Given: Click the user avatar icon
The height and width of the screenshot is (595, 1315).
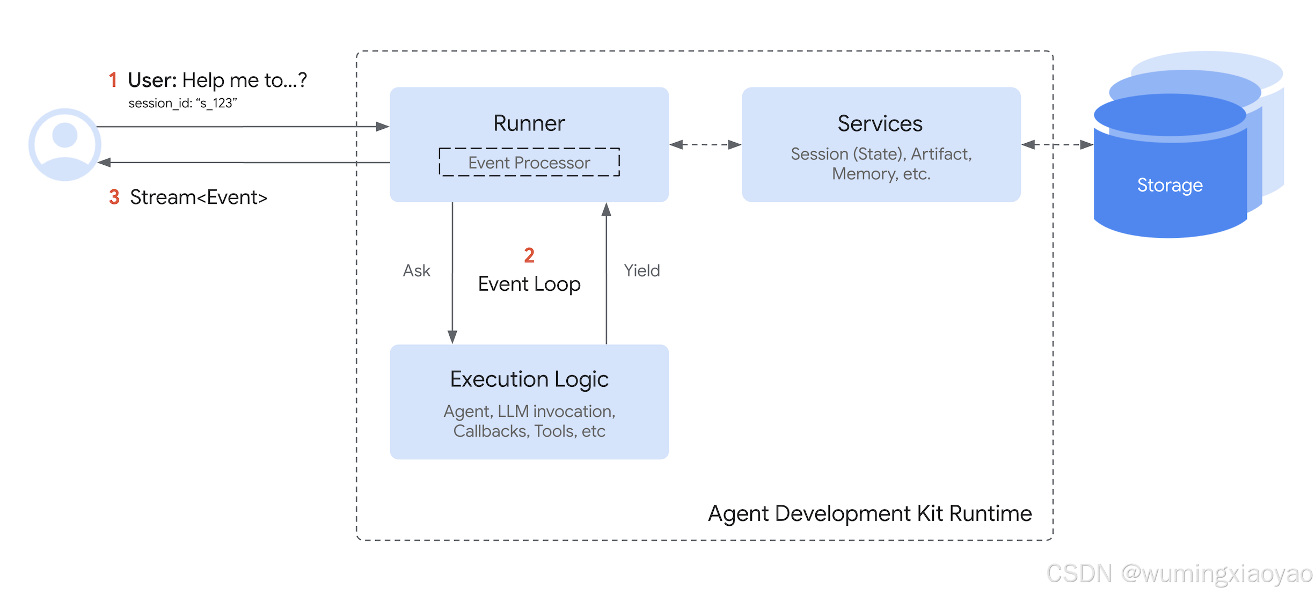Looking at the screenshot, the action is (x=65, y=144).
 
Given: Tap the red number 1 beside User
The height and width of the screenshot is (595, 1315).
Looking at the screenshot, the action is (x=113, y=80).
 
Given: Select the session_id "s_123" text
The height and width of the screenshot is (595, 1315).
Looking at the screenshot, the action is (x=182, y=103).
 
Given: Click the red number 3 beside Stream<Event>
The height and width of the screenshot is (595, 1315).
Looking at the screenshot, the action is (x=114, y=197).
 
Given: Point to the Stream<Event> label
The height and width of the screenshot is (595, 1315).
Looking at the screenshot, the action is (x=199, y=197).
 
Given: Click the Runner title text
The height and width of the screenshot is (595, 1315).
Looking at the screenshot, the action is (x=529, y=123).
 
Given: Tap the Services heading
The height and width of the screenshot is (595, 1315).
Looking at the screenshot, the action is (x=880, y=124).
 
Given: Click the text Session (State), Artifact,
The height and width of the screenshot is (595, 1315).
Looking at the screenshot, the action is (x=881, y=154).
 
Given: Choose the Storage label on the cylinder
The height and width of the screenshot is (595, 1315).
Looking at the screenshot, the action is (x=1170, y=185).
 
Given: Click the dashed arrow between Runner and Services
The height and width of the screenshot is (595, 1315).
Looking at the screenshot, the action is (x=705, y=144).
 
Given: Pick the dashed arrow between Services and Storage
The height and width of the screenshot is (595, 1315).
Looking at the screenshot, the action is (x=1057, y=144).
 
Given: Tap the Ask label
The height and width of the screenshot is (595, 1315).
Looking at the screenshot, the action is (x=417, y=270).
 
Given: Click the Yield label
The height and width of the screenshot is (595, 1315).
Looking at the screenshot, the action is (x=642, y=270).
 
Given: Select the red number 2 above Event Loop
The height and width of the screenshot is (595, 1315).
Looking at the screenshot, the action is (x=529, y=255).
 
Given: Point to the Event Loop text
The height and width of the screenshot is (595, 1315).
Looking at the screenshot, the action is (x=529, y=284).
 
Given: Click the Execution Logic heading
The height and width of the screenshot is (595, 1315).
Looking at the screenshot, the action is (x=529, y=379).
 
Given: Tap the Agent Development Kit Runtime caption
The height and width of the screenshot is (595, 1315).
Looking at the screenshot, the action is (x=870, y=513).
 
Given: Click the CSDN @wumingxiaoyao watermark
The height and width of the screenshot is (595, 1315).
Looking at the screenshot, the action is (x=1180, y=574).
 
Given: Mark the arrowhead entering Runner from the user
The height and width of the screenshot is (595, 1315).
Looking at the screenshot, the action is (x=383, y=127).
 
